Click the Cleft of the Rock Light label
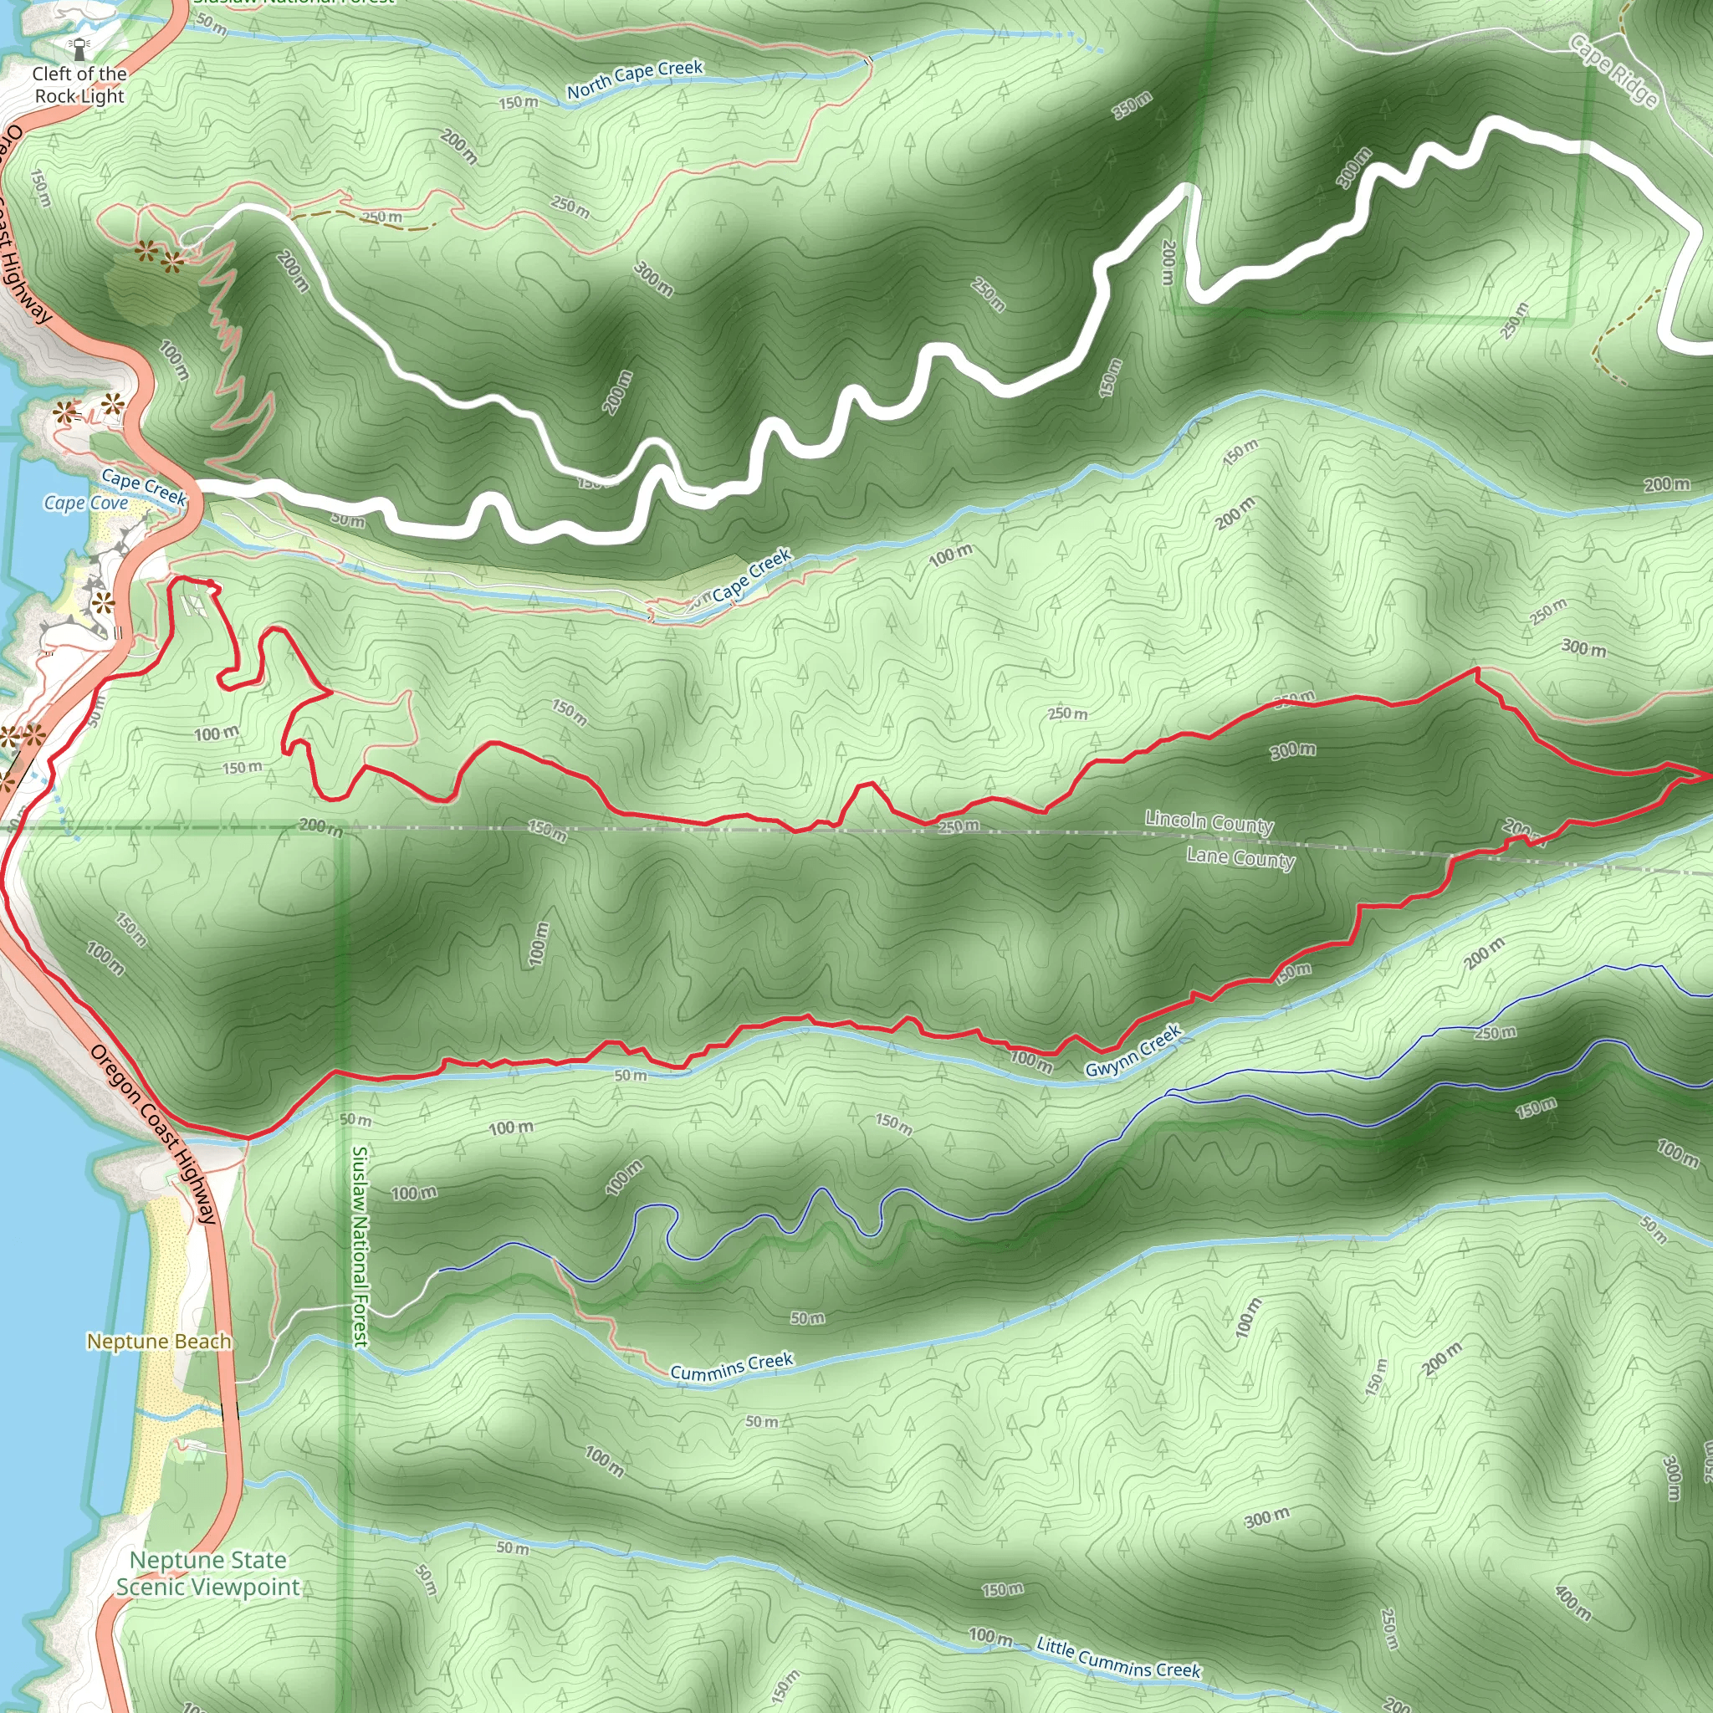tap(79, 85)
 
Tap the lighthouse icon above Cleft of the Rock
tap(80, 47)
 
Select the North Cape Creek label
tap(635, 79)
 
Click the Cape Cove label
tap(86, 504)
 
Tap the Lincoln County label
tap(1209, 822)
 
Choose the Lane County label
tap(1240, 857)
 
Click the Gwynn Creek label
tap(1134, 1051)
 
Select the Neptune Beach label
tap(159, 1342)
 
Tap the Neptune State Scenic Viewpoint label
tap(208, 1573)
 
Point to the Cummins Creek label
tap(732, 1367)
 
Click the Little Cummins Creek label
tap(1118, 1658)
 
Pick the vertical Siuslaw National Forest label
tap(360, 1245)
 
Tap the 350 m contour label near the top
tap(1133, 105)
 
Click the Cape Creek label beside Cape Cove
tap(144, 487)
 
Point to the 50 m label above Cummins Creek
tap(807, 1318)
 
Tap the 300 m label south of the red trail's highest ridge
tap(1293, 751)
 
